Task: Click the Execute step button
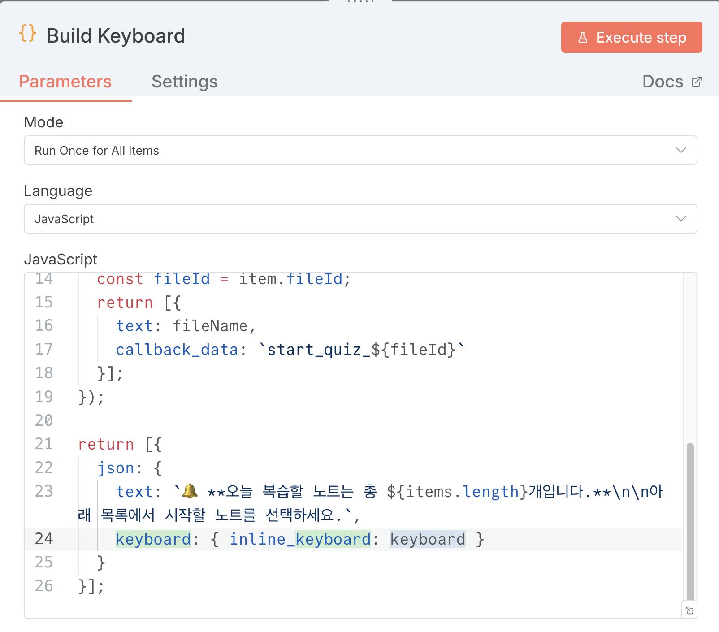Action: pyautogui.click(x=631, y=37)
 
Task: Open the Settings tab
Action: pyautogui.click(x=184, y=82)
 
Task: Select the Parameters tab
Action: pyautogui.click(x=65, y=82)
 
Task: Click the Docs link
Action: pyautogui.click(x=671, y=82)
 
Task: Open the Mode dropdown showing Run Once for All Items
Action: pyautogui.click(x=360, y=150)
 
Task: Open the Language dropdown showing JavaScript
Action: pyautogui.click(x=360, y=219)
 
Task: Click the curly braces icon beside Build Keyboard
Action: pyautogui.click(x=28, y=34)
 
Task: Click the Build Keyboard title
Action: pyautogui.click(x=116, y=36)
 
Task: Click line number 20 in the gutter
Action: pyautogui.click(x=44, y=420)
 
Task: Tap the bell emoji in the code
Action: pyautogui.click(x=190, y=491)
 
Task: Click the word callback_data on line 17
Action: pyautogui.click(x=177, y=350)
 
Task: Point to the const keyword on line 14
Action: pyautogui.click(x=120, y=279)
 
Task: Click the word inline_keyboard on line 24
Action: pyautogui.click(x=300, y=539)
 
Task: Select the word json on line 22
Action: pyautogui.click(x=116, y=468)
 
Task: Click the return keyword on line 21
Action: pyautogui.click(x=106, y=444)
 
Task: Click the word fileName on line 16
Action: pyautogui.click(x=210, y=326)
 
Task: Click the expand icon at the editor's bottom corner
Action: pyautogui.click(x=689, y=610)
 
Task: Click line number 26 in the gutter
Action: pyautogui.click(x=44, y=586)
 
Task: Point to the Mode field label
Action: pyautogui.click(x=43, y=122)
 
